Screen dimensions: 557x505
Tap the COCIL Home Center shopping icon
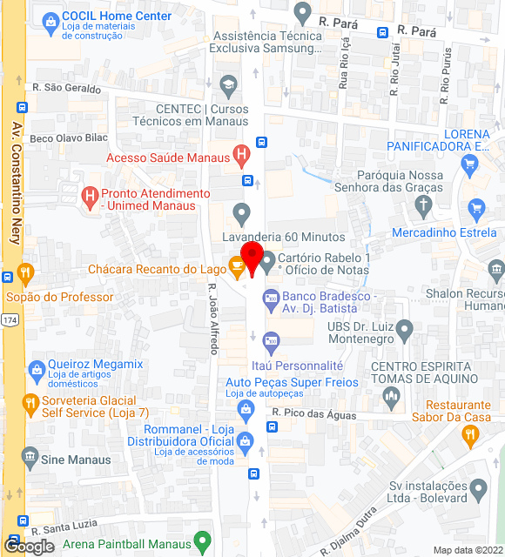(x=50, y=19)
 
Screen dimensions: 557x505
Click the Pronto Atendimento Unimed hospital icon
(x=89, y=198)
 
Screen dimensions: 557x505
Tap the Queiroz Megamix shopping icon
(x=36, y=369)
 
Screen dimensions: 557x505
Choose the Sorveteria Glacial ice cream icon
(x=30, y=405)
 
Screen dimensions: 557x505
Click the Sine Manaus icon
(x=30, y=456)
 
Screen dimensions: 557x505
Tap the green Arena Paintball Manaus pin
(x=202, y=541)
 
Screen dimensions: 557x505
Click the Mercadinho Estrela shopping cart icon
(x=475, y=209)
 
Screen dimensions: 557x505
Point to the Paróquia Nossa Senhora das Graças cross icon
(x=423, y=206)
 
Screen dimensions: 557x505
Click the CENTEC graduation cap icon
(x=228, y=84)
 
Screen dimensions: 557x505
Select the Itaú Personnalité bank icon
(x=271, y=340)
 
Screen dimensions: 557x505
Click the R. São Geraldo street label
(x=66, y=89)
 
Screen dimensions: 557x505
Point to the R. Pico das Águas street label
(x=313, y=414)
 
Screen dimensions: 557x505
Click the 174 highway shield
(x=9, y=320)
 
